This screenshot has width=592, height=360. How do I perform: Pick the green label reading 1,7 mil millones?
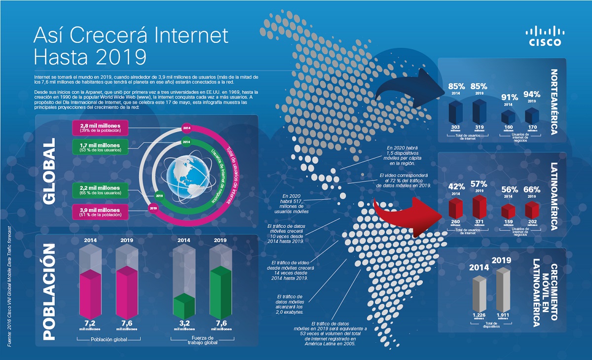pyautogui.click(x=100, y=146)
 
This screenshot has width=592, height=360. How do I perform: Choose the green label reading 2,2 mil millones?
pyautogui.click(x=100, y=190)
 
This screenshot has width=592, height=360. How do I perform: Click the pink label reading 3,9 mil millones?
pyautogui.click(x=100, y=212)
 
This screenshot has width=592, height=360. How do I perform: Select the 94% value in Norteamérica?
pyautogui.click(x=532, y=95)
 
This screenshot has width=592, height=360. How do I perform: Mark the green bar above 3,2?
pyautogui.click(x=185, y=306)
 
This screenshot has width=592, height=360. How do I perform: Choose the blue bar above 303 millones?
pyautogui.click(x=455, y=113)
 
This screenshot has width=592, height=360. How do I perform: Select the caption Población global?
pyautogui.click(x=109, y=339)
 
